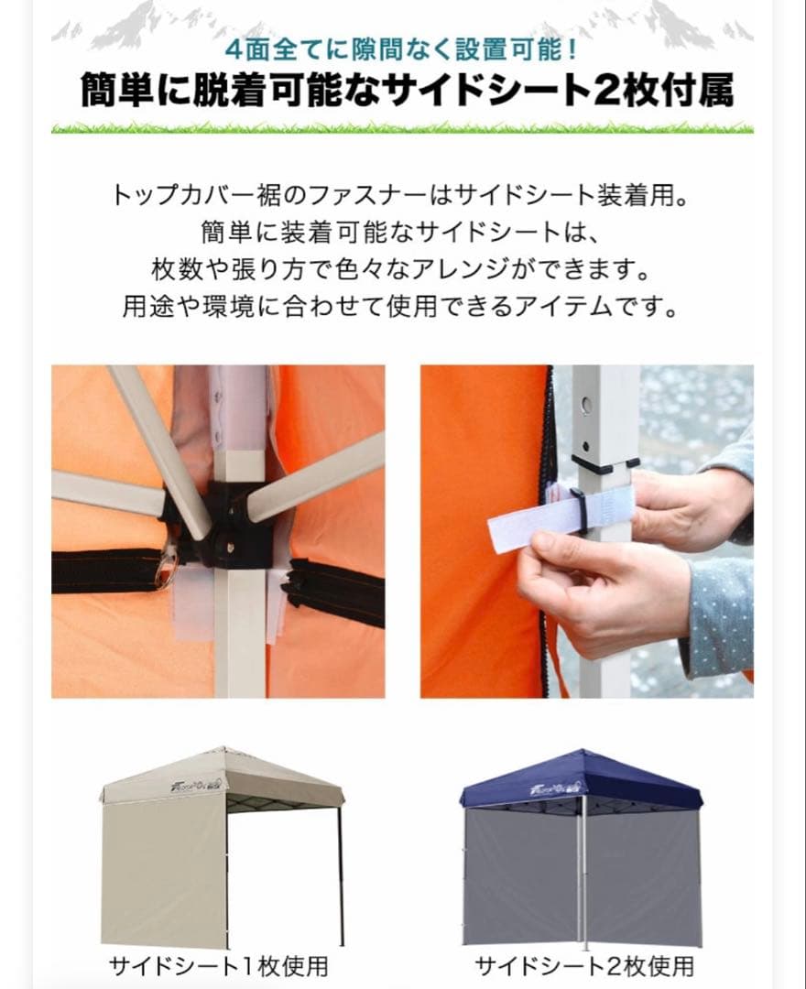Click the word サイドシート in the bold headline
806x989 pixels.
click(x=477, y=92)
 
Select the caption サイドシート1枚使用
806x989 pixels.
click(x=218, y=965)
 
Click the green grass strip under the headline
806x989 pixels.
click(x=402, y=127)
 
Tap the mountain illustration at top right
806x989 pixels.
click(x=678, y=23)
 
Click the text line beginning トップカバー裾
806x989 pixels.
click(x=402, y=195)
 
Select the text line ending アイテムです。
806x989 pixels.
click(x=402, y=305)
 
